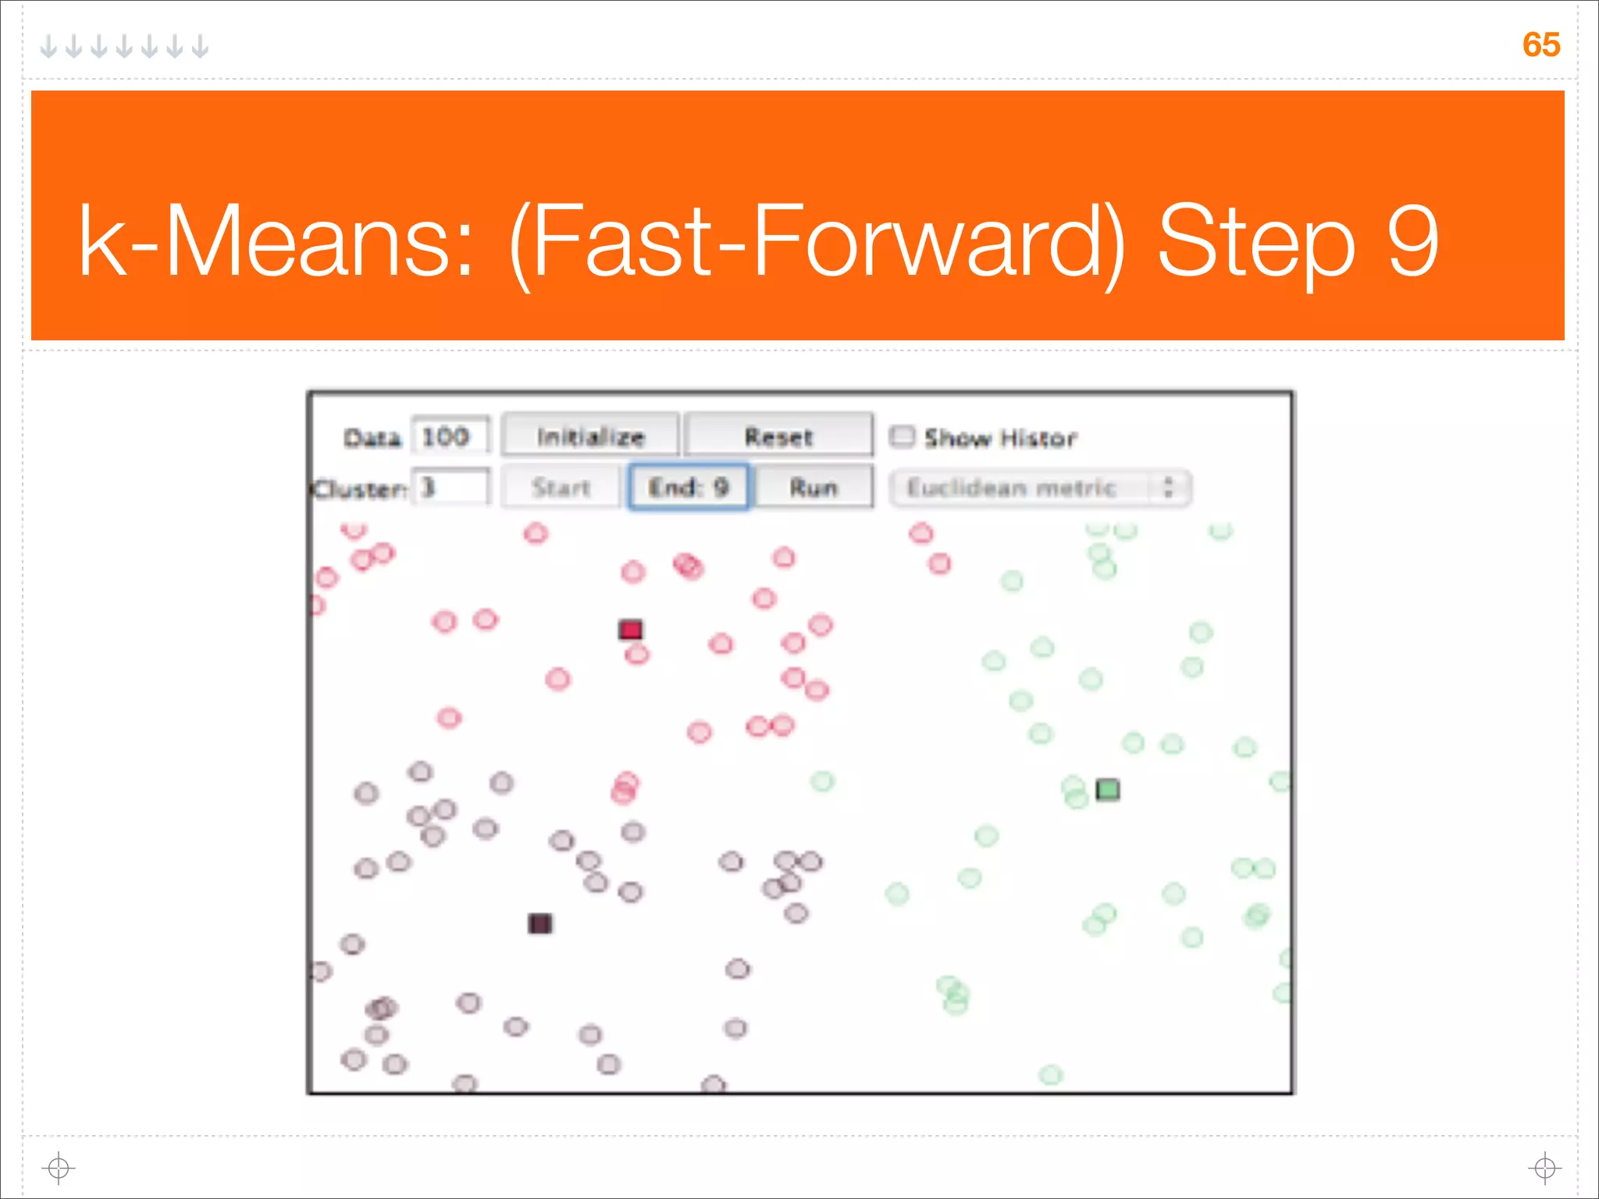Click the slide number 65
pyautogui.click(x=1540, y=44)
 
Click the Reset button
pyautogui.click(x=778, y=436)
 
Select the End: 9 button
pyautogui.click(x=689, y=487)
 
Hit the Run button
pyautogui.click(x=813, y=487)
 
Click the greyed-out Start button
pyautogui.click(x=561, y=487)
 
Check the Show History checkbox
pyautogui.click(x=902, y=436)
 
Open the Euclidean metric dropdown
pyautogui.click(x=1039, y=488)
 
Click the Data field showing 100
pyautogui.click(x=450, y=436)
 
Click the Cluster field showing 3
pyautogui.click(x=450, y=487)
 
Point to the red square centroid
pyautogui.click(x=630, y=629)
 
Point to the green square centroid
pyautogui.click(x=1107, y=790)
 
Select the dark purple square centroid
pyautogui.click(x=540, y=923)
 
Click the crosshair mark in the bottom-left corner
pyautogui.click(x=59, y=1168)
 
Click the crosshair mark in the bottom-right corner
pyautogui.click(x=1544, y=1168)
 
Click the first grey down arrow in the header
pyautogui.click(x=48, y=47)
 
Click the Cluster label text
pyautogui.click(x=358, y=489)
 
